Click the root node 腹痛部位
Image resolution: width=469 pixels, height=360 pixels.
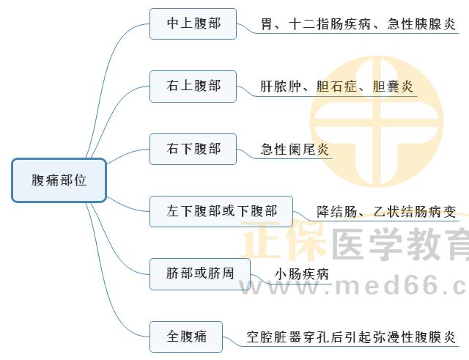59,180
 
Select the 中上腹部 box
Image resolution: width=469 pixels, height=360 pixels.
193,23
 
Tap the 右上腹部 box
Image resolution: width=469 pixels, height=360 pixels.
193,87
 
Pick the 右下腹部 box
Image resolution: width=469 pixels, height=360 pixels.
193,149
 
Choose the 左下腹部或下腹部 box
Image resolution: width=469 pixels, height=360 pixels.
221,211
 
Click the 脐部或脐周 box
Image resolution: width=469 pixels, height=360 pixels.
200,273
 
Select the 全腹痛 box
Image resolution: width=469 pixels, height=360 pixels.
186,337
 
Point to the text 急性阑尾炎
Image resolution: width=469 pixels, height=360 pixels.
295,149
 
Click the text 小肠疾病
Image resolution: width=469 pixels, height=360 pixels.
301,273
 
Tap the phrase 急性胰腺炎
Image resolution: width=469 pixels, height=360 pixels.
421,24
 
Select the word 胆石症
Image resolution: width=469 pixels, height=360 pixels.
337,87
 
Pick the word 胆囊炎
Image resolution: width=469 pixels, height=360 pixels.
393,87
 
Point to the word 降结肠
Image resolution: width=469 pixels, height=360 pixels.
337,212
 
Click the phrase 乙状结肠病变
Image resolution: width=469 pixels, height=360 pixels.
415,212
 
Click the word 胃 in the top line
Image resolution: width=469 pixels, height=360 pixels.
267,24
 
